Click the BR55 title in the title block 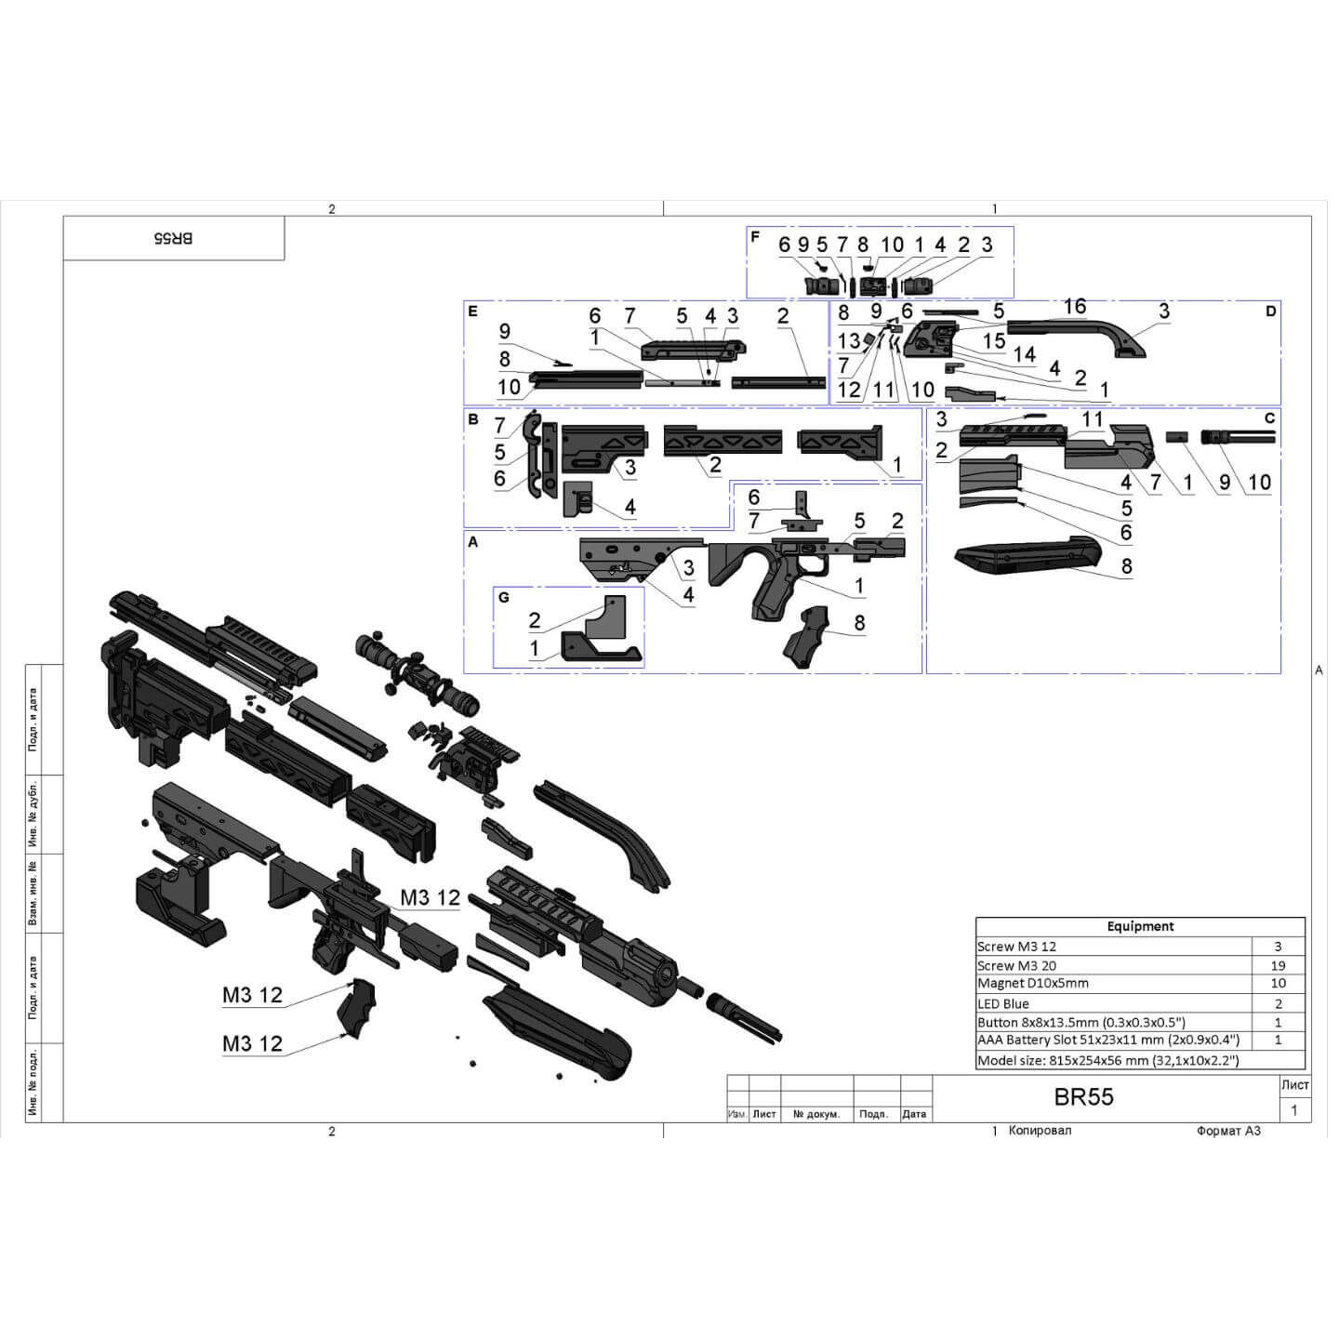click(x=1083, y=1097)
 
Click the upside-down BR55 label click(x=173, y=238)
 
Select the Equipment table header click(x=1140, y=926)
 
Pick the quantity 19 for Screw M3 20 click(x=1278, y=965)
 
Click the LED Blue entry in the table click(x=1003, y=1003)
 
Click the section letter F click(x=755, y=237)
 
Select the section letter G click(x=504, y=597)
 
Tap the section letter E click(x=472, y=312)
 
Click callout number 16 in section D click(x=1074, y=307)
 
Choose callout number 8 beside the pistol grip click(x=859, y=622)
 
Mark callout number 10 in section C click(x=1259, y=482)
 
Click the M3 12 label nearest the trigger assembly click(x=430, y=897)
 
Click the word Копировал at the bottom click(x=1040, y=1131)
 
